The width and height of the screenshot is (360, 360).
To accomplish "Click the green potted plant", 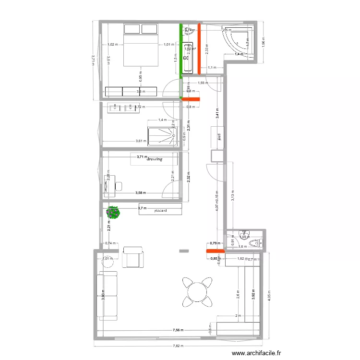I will (113, 211).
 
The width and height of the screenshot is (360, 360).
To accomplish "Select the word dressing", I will (155, 159).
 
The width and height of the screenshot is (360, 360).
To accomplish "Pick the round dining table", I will (197, 291).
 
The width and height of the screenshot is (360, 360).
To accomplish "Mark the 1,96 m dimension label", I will (263, 44).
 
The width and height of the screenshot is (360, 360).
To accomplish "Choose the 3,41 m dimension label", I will (217, 114).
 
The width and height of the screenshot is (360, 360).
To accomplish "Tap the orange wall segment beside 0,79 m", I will (213, 250).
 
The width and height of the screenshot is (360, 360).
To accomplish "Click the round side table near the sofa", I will (108, 262).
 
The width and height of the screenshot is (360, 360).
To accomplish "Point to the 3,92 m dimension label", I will (253, 293).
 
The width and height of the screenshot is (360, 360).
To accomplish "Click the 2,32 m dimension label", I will (189, 178).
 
